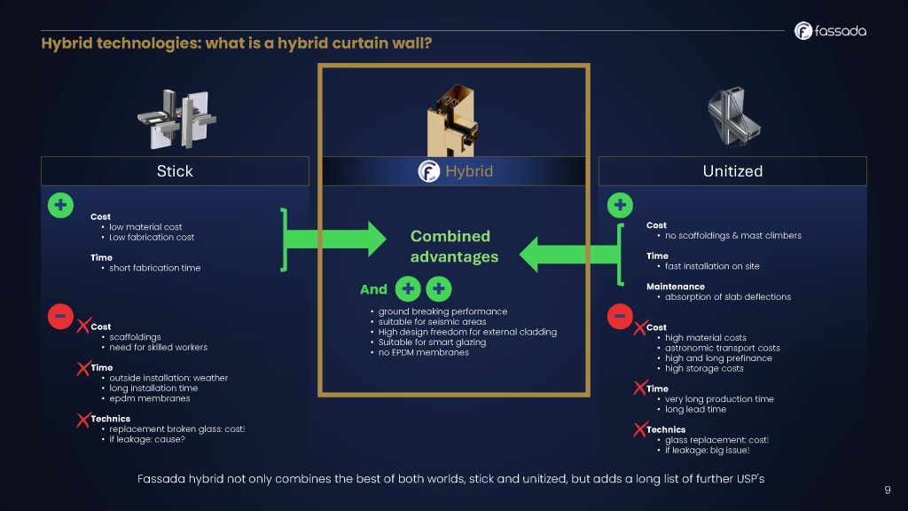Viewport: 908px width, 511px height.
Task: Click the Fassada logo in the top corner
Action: (830, 31)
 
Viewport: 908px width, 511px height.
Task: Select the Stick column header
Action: (175, 171)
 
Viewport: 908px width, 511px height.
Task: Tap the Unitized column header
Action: (732, 171)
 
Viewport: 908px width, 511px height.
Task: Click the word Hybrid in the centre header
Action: (469, 171)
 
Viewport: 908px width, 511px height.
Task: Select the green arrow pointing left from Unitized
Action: (567, 253)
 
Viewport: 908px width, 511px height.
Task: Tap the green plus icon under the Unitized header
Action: (620, 206)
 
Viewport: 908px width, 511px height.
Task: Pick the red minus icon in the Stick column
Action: (60, 315)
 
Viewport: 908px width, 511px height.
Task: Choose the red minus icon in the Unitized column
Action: (620, 316)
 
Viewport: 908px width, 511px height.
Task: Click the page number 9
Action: (888, 490)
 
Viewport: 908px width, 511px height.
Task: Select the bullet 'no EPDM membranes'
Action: (423, 353)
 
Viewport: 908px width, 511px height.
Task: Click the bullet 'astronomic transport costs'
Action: (722, 348)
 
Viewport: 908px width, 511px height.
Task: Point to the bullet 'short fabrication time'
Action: (154, 268)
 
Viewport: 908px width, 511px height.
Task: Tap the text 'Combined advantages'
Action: (454, 247)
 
